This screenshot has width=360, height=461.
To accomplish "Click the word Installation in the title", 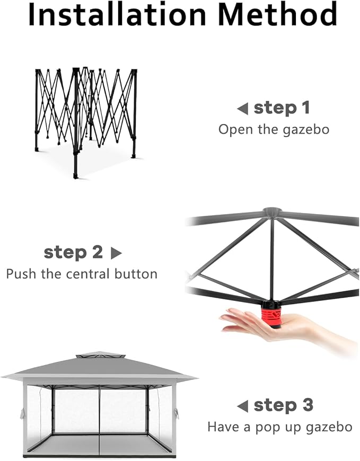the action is [117, 14].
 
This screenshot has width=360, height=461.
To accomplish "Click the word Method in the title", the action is [278, 14].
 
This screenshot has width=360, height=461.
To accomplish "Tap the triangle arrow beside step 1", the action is [242, 109].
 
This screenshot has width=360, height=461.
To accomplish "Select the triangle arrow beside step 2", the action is [116, 253].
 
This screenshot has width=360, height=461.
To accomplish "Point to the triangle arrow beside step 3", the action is [242, 406].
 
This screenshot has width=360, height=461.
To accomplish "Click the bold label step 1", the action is [282, 108].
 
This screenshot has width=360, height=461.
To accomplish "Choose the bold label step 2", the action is [73, 252].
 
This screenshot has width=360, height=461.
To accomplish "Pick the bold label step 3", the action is [284, 405].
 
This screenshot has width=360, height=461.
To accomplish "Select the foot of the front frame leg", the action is [76, 176].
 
